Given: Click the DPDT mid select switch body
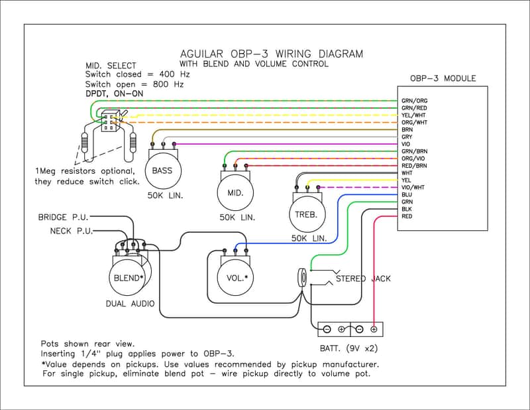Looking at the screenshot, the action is pyautogui.click(x=109, y=121).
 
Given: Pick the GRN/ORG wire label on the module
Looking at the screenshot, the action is pyautogui.click(x=415, y=101).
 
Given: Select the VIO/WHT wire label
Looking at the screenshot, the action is pyautogui.click(x=413, y=187).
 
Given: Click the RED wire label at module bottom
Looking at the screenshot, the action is pyautogui.click(x=407, y=216).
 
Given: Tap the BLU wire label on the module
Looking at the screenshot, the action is pyautogui.click(x=407, y=194).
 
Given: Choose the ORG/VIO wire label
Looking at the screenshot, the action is pyautogui.click(x=413, y=159).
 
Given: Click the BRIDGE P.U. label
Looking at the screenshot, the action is pyautogui.click(x=63, y=217).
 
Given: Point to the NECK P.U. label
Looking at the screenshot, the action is pyautogui.click(x=72, y=231).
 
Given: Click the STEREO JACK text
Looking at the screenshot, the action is pyautogui.click(x=363, y=279).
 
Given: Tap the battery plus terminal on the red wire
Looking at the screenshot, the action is pyautogui.click(x=374, y=329).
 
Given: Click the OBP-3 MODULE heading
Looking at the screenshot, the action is pyautogui.click(x=443, y=78).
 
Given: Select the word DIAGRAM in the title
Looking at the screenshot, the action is pyautogui.click(x=341, y=54).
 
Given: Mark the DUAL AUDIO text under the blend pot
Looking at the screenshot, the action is pyautogui.click(x=130, y=304).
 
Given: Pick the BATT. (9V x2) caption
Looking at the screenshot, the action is pyautogui.click(x=349, y=348).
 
